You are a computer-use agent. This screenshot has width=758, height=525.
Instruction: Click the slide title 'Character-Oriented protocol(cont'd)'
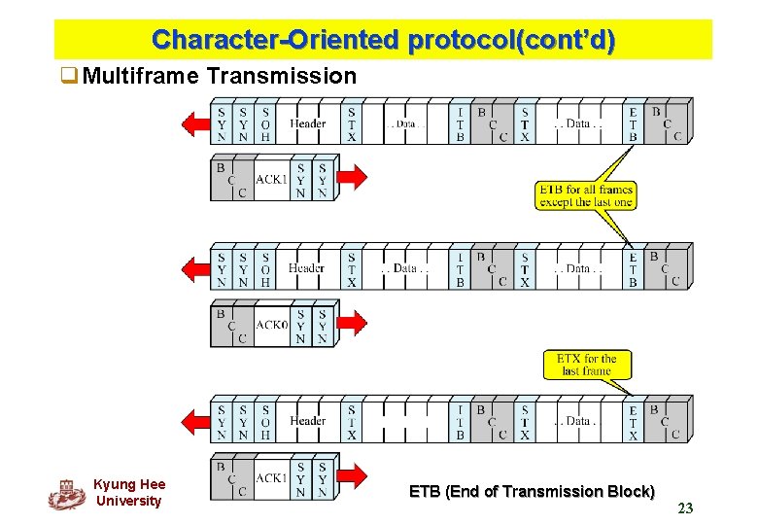pyautogui.click(x=383, y=40)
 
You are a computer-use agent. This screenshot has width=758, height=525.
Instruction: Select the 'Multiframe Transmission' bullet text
pyautogui.click(x=220, y=75)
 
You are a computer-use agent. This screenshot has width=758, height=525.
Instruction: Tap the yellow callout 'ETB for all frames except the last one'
pyautogui.click(x=585, y=195)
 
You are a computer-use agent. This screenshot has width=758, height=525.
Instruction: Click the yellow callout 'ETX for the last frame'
pyautogui.click(x=586, y=365)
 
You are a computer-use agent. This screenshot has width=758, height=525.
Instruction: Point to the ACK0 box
pyautogui.click(x=271, y=326)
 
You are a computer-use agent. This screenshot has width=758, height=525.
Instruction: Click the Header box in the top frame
pyautogui.click(x=307, y=124)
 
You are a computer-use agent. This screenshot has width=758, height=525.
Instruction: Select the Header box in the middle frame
pyautogui.click(x=307, y=268)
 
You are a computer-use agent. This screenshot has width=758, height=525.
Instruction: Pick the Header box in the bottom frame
pyautogui.click(x=307, y=421)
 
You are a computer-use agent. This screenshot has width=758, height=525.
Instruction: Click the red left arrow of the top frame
pyautogui.click(x=197, y=123)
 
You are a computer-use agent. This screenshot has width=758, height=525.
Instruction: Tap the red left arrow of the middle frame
pyautogui.click(x=197, y=267)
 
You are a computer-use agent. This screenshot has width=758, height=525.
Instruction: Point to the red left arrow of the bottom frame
pyautogui.click(x=197, y=421)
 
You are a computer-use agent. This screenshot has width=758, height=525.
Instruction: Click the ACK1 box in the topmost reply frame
pyautogui.click(x=271, y=180)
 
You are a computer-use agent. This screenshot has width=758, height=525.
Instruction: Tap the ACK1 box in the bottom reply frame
pyautogui.click(x=271, y=478)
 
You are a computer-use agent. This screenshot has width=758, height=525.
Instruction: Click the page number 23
pyautogui.click(x=685, y=507)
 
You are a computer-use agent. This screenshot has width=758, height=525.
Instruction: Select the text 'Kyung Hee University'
pyautogui.click(x=129, y=493)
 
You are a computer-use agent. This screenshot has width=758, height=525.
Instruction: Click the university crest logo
pyautogui.click(x=67, y=495)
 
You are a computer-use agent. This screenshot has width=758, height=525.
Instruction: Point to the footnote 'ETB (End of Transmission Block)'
pyautogui.click(x=532, y=492)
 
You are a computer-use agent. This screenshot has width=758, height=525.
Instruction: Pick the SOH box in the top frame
pyautogui.click(x=265, y=124)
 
